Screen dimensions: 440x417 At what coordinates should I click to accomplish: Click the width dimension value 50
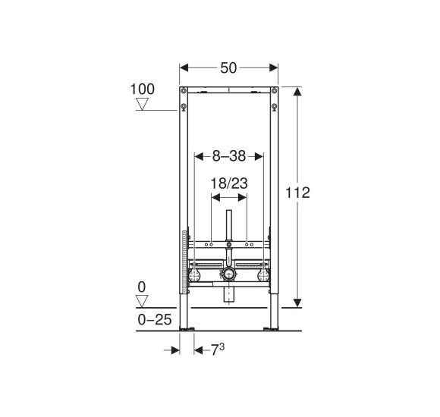228,68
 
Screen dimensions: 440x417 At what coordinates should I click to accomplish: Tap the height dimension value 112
297,193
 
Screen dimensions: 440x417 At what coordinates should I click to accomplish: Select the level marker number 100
143,89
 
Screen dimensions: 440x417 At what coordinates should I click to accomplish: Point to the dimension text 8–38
229,156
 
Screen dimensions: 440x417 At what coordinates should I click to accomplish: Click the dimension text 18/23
229,183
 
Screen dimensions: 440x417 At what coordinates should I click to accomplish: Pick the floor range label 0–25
155,319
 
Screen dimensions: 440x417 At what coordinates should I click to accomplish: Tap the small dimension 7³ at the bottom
218,350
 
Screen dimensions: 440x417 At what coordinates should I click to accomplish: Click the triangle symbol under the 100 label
142,104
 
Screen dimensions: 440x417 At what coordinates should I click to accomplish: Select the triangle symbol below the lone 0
142,301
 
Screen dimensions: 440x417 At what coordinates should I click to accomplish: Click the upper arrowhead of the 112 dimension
297,91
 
